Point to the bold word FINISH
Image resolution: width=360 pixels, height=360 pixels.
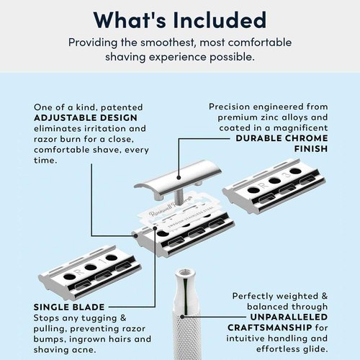(310, 150)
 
